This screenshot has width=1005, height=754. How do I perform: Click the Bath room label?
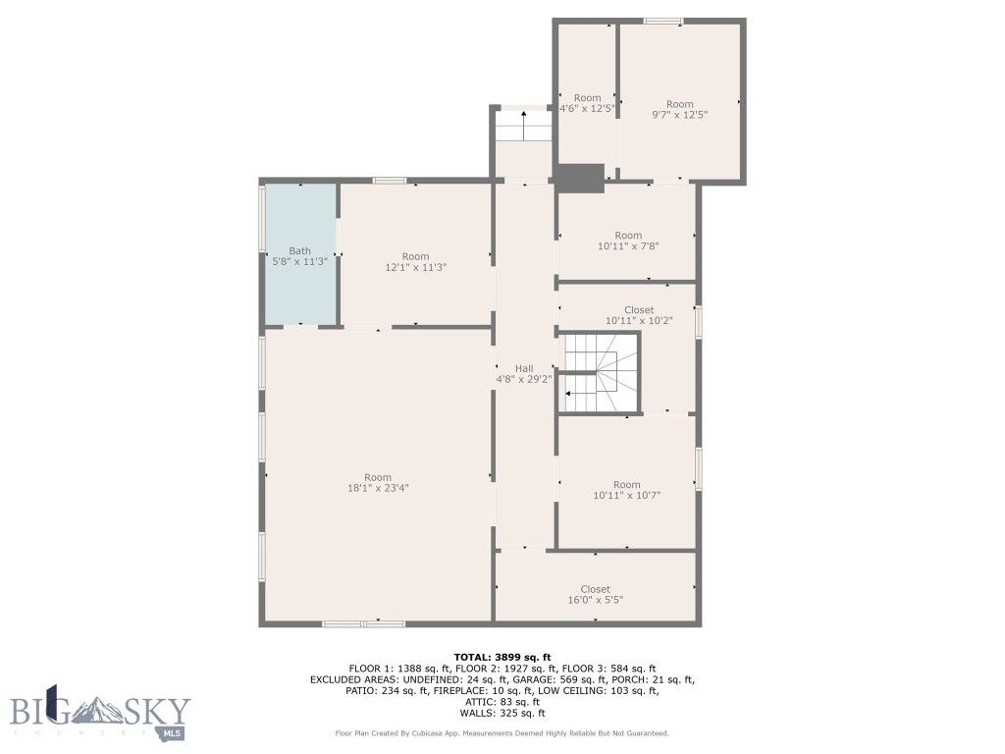(x=299, y=251)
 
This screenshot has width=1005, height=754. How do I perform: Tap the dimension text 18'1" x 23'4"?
(x=378, y=488)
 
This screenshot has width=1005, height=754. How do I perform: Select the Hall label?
(x=524, y=368)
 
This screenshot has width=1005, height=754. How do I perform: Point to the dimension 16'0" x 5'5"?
(x=595, y=600)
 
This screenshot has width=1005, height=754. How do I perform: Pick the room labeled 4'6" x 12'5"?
(x=587, y=103)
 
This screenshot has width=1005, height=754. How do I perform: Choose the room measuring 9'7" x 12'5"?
(x=679, y=109)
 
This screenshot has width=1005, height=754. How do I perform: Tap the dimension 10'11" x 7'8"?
(x=628, y=245)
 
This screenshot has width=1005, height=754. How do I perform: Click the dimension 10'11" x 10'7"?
(x=627, y=496)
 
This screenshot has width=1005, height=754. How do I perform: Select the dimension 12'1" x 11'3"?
(x=416, y=267)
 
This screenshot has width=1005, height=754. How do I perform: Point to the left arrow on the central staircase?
(x=571, y=394)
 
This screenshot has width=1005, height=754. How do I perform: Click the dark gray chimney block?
(x=579, y=178)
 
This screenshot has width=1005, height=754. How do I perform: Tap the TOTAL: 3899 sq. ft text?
(x=502, y=657)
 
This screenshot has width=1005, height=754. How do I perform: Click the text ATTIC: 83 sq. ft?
(x=502, y=702)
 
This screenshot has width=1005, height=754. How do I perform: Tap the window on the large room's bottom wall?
(x=364, y=623)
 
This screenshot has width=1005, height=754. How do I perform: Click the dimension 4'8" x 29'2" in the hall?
(x=524, y=378)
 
